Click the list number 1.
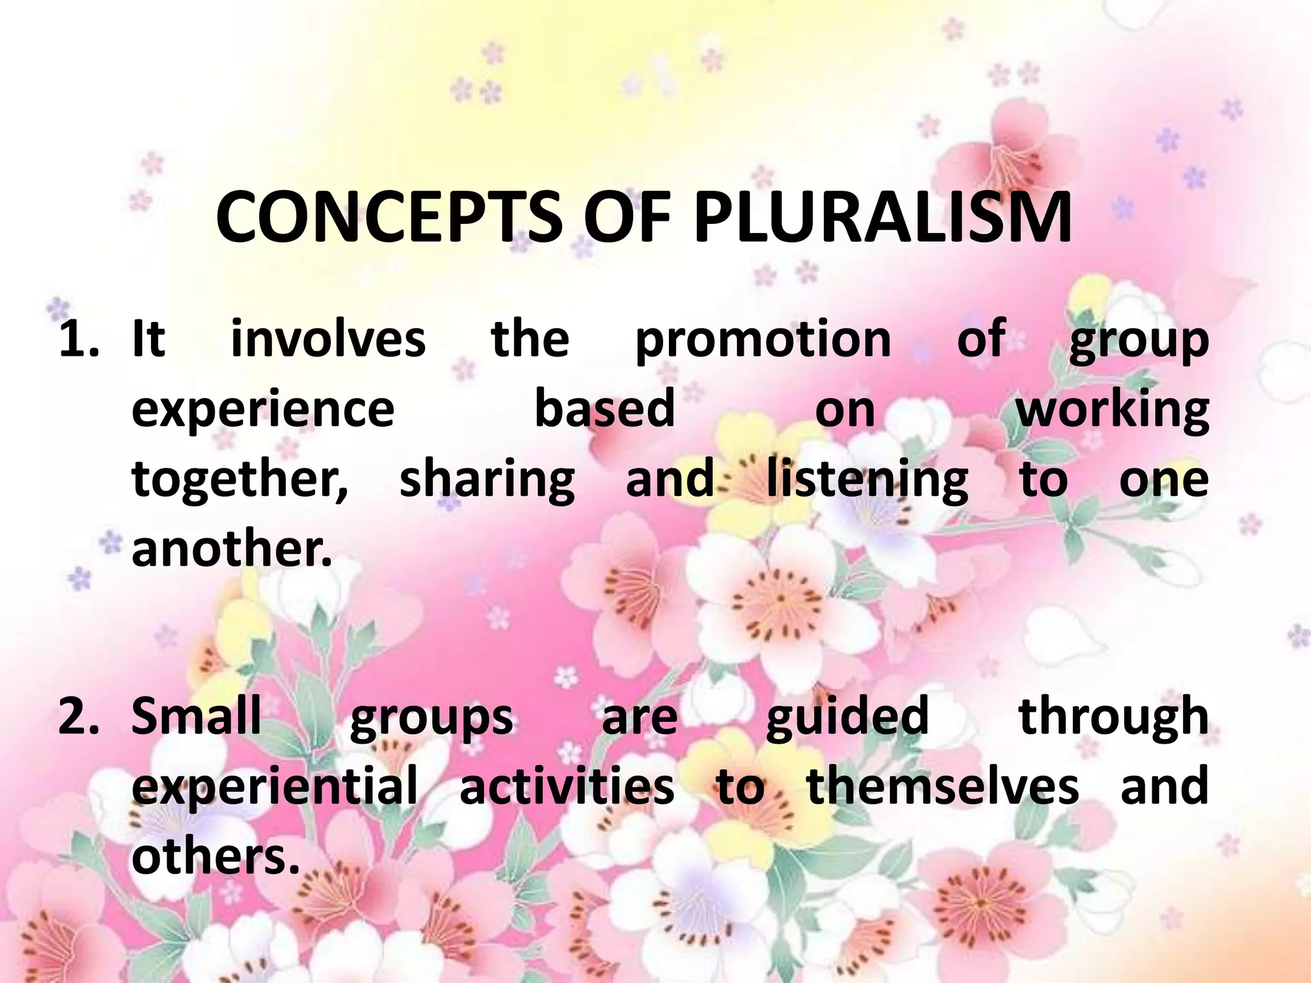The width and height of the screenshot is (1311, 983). [x=78, y=339]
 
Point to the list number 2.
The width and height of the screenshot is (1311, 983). [x=78, y=716]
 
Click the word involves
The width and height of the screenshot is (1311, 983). [x=328, y=339]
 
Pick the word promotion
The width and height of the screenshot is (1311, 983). [x=763, y=340]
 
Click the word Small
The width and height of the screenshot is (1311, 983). [x=197, y=716]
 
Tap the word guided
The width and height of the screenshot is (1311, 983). [x=847, y=717]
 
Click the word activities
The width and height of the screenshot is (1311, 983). [x=567, y=787]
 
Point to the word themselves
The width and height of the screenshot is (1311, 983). [x=943, y=787]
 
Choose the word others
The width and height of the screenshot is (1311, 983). [x=216, y=857]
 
